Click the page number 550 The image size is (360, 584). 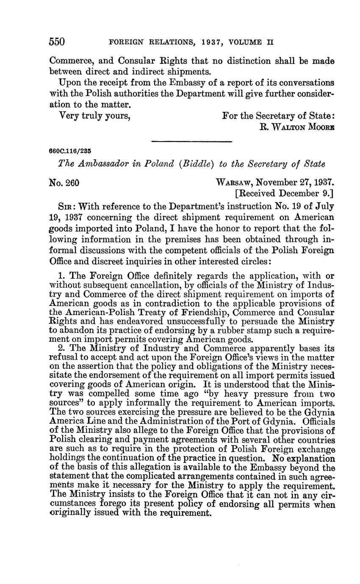tap(57, 42)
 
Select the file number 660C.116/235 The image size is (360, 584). tap(71, 151)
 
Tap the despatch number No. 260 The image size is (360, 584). tap(65, 183)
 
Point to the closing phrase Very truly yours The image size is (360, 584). tap(94, 115)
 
